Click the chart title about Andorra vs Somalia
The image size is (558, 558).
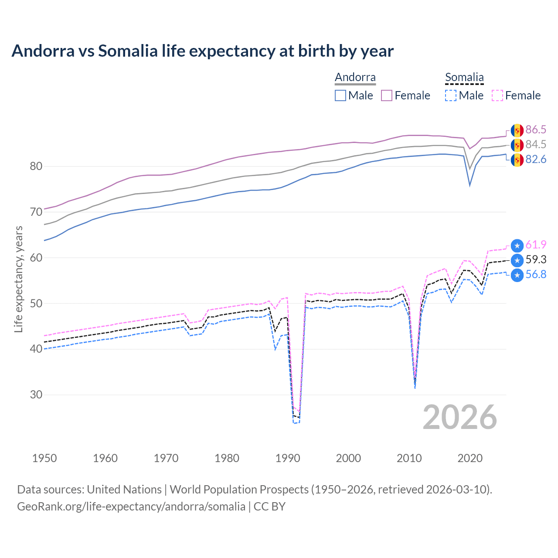pos(202,51)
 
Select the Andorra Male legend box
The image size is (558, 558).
pos(340,95)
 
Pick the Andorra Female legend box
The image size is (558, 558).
pos(387,95)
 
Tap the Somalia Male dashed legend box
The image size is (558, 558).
pos(451,95)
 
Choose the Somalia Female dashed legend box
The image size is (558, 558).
pos(497,95)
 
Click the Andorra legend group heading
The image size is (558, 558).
pos(355,77)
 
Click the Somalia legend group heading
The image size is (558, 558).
pos(464,77)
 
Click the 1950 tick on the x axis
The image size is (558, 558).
pos(44,458)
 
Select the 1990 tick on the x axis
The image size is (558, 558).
pos(288,458)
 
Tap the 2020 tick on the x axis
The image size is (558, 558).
pos(470,458)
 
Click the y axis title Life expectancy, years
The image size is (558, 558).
pos(18,279)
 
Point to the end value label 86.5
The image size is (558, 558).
pos(536,129)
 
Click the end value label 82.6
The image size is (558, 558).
pos(536,159)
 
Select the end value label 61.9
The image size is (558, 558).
pos(536,245)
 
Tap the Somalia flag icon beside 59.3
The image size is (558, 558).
pos(517,260)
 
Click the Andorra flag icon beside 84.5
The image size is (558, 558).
pos(517,145)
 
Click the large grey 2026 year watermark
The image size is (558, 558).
pos(460,417)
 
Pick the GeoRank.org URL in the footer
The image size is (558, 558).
pos(131,506)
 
